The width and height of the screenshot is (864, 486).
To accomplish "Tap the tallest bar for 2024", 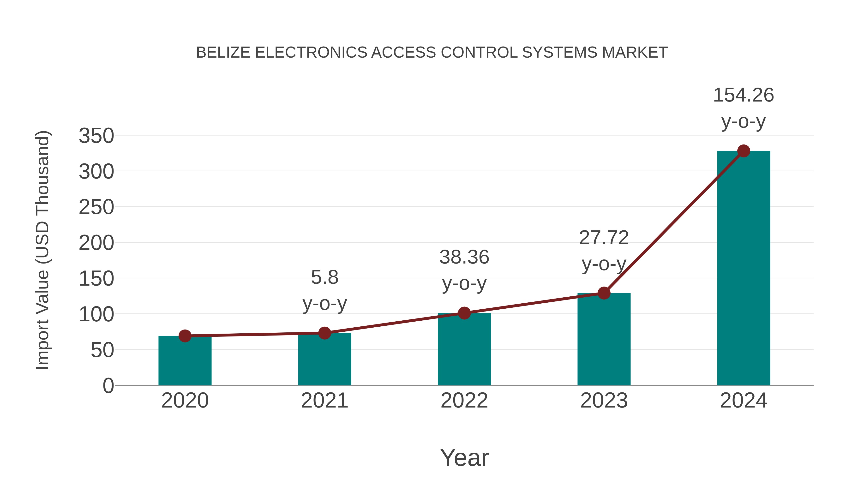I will (x=744, y=268).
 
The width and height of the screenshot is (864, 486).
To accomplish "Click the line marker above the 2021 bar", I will (x=324, y=333).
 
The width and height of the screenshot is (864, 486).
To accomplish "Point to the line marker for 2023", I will (x=604, y=293).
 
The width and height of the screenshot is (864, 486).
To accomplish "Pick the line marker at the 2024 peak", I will (x=744, y=151).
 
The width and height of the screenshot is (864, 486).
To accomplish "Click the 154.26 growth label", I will (x=743, y=95).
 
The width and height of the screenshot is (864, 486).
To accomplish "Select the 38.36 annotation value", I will (x=464, y=258).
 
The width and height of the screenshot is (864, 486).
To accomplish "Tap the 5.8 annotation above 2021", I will (x=324, y=278).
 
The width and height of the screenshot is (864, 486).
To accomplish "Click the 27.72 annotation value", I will (x=604, y=238).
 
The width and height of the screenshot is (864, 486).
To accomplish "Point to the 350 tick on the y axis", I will (x=96, y=136).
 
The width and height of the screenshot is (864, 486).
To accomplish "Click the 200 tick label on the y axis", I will (x=96, y=243).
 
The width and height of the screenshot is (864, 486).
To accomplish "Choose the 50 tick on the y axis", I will (x=102, y=350).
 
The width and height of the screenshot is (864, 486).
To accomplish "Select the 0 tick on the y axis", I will (x=108, y=386).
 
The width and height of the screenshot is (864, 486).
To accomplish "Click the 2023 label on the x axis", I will (x=604, y=401).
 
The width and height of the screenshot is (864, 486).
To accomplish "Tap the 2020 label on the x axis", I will (x=185, y=401).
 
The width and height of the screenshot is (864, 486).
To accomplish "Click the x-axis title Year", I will (x=464, y=458).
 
